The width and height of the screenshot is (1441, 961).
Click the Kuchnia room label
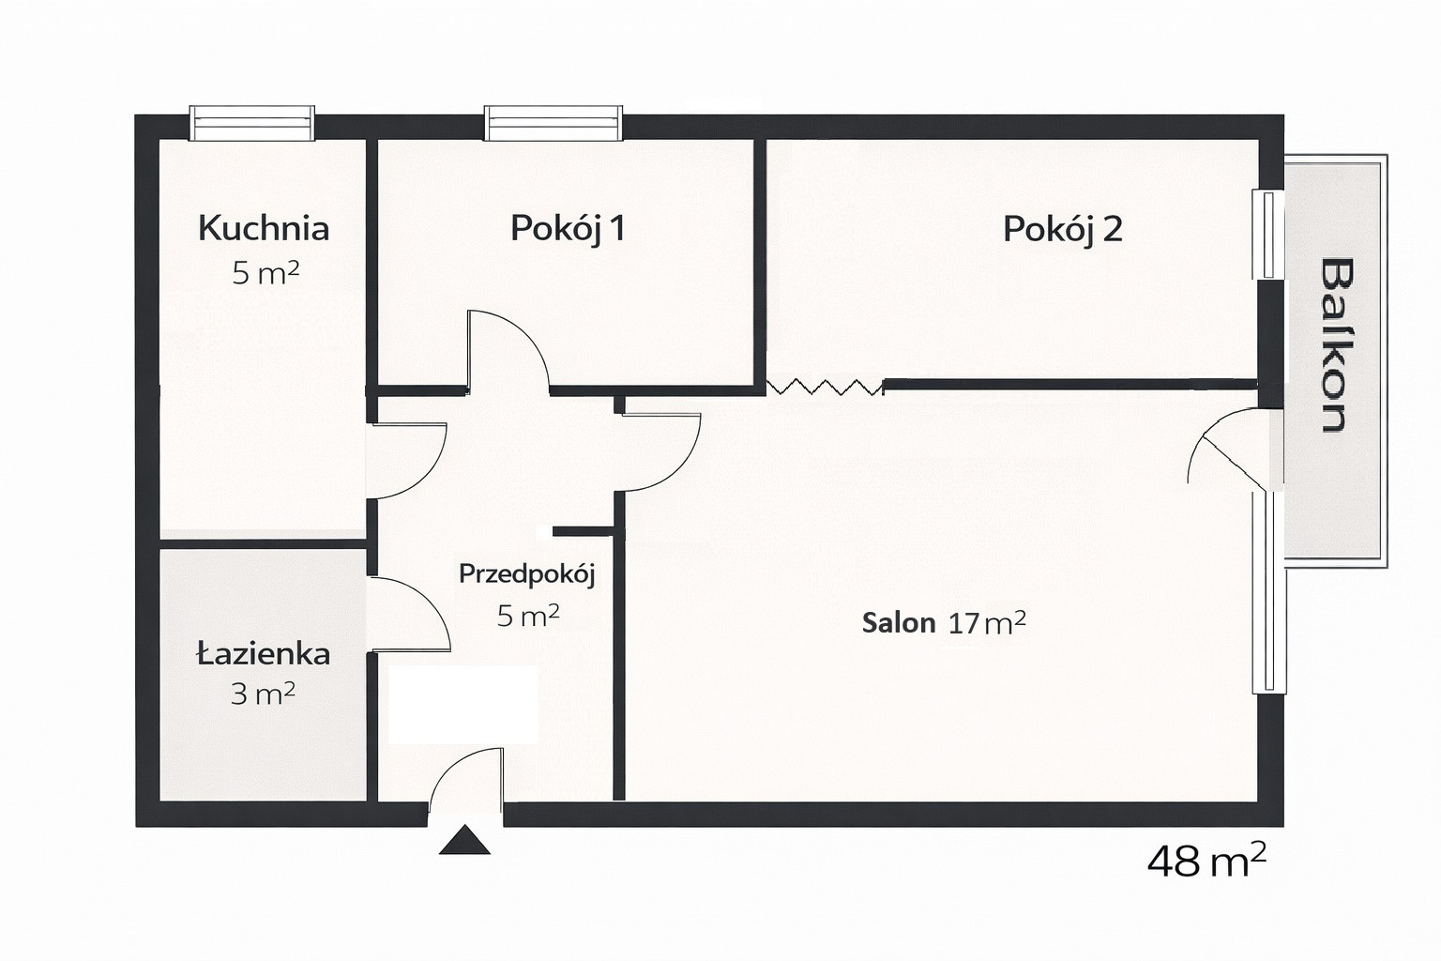click(x=264, y=228)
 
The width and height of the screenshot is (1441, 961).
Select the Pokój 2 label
click(x=1063, y=230)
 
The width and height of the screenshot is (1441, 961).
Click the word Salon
click(x=899, y=622)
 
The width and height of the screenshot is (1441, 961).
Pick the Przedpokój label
click(x=527, y=574)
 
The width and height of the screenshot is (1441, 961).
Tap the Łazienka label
click(x=263, y=655)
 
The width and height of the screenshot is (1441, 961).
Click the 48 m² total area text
click(x=1206, y=862)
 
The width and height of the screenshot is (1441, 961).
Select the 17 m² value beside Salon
click(x=987, y=622)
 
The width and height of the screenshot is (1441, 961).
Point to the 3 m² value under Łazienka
click(x=263, y=694)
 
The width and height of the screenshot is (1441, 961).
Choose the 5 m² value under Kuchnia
click(x=265, y=273)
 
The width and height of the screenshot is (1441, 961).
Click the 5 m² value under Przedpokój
click(x=528, y=616)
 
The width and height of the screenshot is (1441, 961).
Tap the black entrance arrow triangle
click(x=464, y=841)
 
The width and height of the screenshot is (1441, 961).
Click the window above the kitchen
click(x=252, y=123)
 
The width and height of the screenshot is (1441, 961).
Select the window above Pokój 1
click(x=554, y=123)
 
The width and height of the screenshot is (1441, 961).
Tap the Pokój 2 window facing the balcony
click(x=1268, y=235)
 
